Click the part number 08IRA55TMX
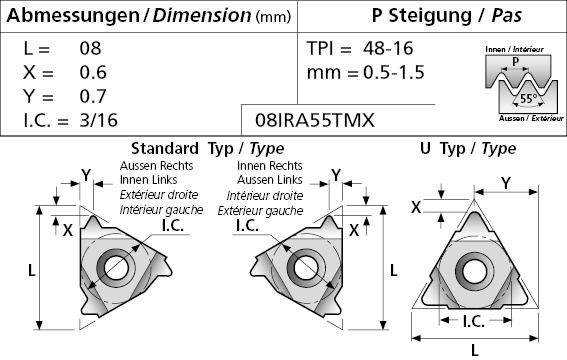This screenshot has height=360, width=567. (x=315, y=120)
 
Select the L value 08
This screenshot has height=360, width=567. (x=90, y=48)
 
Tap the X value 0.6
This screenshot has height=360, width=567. (x=93, y=72)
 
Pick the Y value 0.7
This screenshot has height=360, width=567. (x=93, y=96)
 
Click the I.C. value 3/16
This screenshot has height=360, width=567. (x=99, y=120)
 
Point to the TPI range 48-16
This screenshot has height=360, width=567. (x=388, y=48)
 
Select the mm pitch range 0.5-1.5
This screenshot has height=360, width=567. (x=394, y=72)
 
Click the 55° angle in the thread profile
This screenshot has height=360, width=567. (x=529, y=98)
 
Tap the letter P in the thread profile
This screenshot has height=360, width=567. (x=515, y=61)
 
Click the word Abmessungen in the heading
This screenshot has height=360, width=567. (x=73, y=16)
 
